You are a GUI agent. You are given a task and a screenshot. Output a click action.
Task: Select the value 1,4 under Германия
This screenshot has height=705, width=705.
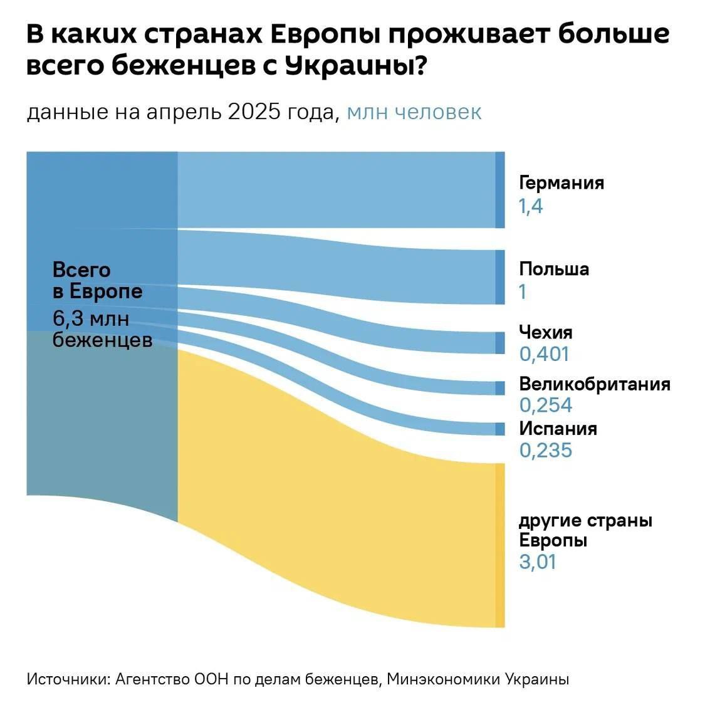(x=530, y=206)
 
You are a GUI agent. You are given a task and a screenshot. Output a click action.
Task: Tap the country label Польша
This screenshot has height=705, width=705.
(x=554, y=269)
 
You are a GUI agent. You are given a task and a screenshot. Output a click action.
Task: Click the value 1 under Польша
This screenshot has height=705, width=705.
(x=523, y=292)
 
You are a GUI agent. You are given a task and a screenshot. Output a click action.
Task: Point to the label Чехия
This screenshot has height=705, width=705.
(x=545, y=332)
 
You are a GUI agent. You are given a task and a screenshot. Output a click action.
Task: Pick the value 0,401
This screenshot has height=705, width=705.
(x=544, y=354)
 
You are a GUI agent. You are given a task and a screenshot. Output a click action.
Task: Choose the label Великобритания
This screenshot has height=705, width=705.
(x=594, y=384)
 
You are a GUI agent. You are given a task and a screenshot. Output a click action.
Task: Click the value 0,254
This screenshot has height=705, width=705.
(x=545, y=405)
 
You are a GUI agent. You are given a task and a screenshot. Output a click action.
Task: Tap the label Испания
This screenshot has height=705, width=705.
(x=558, y=429)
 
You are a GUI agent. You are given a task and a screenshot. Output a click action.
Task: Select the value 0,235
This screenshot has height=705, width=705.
(x=545, y=451)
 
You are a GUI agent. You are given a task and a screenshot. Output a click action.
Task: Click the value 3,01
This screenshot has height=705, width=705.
(x=538, y=561)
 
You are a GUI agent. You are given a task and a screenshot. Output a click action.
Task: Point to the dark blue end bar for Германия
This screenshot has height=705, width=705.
(x=499, y=189)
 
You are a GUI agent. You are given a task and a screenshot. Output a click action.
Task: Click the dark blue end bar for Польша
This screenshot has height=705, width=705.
(x=499, y=277)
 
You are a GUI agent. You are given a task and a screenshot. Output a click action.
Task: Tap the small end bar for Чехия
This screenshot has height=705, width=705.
(x=499, y=343)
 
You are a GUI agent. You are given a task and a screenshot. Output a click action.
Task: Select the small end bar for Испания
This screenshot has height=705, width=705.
(x=499, y=429)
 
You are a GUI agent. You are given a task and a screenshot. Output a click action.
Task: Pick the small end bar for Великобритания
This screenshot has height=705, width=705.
(x=499, y=388)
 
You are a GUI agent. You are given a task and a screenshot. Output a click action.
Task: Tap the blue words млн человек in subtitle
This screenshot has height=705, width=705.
(x=414, y=112)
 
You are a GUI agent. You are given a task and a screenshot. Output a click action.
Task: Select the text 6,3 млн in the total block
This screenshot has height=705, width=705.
(x=91, y=319)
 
